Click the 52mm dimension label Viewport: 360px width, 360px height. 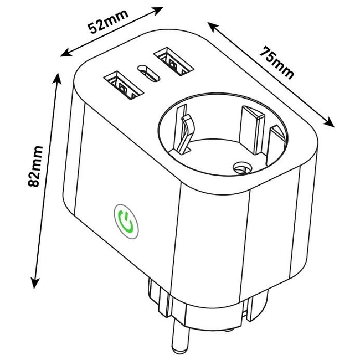pyautogui.click(x=109, y=22)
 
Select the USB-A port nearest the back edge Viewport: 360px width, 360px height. pyautogui.click(x=173, y=61)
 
